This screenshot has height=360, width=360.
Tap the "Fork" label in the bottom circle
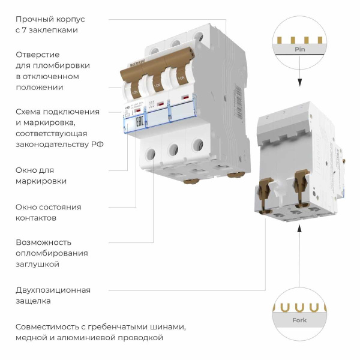(299, 320)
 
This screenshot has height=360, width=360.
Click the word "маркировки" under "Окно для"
(41, 181)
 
